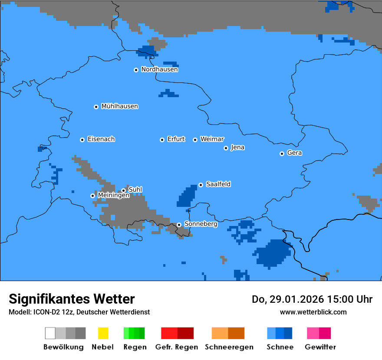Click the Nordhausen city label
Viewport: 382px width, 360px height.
pos(159,69)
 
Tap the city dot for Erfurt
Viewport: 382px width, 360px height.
pos(162,140)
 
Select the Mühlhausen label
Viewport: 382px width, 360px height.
pos(119,106)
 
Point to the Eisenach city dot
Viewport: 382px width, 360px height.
pos(82,140)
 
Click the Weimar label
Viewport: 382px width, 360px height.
pos(212,139)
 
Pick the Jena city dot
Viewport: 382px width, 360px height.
pos(226,148)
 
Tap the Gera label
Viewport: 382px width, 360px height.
pos(294,153)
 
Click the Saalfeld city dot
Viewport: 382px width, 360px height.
pos(201,185)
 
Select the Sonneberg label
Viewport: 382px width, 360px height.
pos(201,224)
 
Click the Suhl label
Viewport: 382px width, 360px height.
pos(135,190)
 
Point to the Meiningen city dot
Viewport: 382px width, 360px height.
pos(92,196)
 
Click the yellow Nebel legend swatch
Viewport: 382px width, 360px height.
pos(103,333)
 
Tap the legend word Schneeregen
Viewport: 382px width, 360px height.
pos(229,347)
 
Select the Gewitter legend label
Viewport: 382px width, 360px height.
pos(320,347)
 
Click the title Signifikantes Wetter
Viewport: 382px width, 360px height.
pos(72,299)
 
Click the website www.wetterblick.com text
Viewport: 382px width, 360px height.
pos(313,312)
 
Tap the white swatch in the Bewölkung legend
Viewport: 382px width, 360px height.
pos(50,333)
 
